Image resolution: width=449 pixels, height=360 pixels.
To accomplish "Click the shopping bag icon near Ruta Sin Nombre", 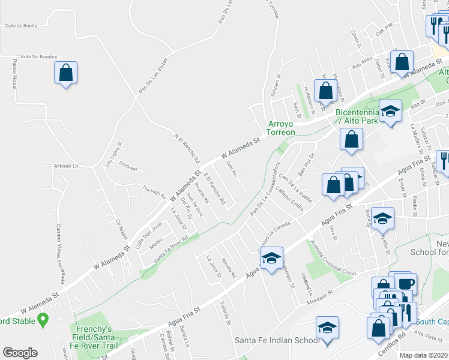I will (x=66, y=73).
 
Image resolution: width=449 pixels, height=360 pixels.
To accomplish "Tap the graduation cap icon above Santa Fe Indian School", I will (x=327, y=328).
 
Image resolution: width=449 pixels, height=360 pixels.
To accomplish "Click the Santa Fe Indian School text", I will (x=277, y=341).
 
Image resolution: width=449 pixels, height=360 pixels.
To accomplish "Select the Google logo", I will (x=20, y=353).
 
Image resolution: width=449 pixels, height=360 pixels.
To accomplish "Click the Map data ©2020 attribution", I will (x=424, y=355).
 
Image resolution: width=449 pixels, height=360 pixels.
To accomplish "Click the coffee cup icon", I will (x=406, y=283).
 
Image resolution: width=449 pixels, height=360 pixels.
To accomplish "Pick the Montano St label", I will (x=319, y=298).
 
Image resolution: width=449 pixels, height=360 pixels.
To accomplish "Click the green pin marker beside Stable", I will (x=43, y=321).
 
